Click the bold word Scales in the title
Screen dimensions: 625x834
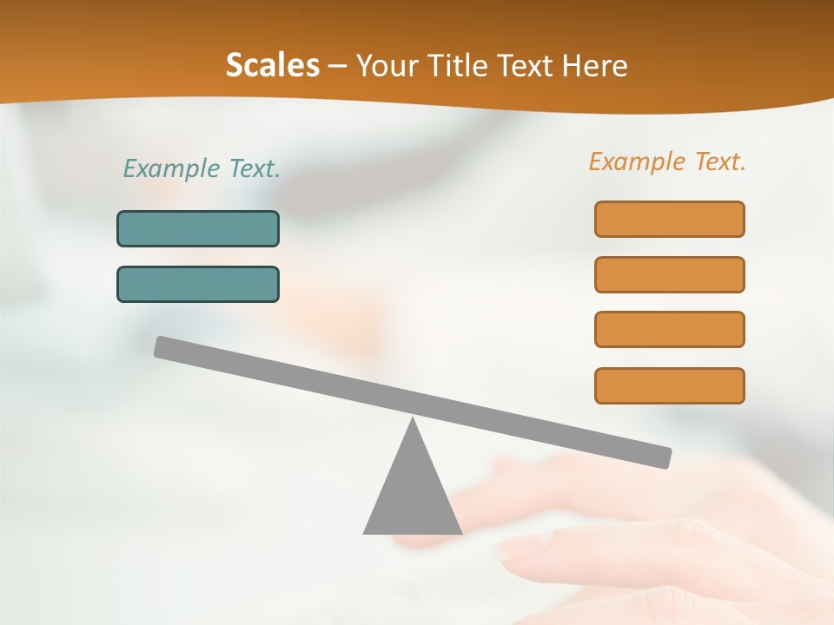[272, 66]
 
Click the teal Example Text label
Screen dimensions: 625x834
[202, 168]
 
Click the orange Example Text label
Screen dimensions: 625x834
[667, 161]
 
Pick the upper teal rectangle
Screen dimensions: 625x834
[198, 228]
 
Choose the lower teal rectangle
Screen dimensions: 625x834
[198, 284]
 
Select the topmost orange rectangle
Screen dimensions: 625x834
[669, 219]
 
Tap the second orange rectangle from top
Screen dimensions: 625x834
[669, 274]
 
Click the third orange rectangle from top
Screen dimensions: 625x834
[669, 329]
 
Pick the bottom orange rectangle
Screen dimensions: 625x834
[669, 385]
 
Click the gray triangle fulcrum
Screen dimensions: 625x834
[413, 495]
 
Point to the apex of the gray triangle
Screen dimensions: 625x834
[413, 420]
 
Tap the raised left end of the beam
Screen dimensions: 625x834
[162, 346]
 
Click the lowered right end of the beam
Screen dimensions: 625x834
[664, 457]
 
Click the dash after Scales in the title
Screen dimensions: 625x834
[338, 68]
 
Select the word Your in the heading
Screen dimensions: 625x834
[382, 66]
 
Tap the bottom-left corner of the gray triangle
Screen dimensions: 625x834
[365, 532]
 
